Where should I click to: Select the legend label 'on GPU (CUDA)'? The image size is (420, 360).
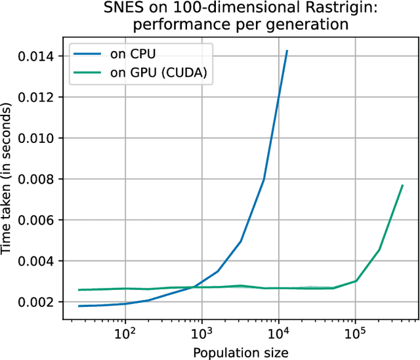tap(159, 73)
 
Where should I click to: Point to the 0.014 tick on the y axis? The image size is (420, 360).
tap(37, 56)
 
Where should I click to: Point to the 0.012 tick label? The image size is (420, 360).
tap(37, 97)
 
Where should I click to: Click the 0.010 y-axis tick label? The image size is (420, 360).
tap(37, 138)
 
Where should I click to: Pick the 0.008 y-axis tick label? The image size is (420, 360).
tap(37, 179)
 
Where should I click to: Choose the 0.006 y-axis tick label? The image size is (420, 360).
tap(37, 220)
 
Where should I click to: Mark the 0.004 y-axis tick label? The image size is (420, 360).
tap(37, 261)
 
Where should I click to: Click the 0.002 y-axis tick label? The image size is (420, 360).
tap(37, 302)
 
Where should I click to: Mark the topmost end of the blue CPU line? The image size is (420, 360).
tap(287, 50)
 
